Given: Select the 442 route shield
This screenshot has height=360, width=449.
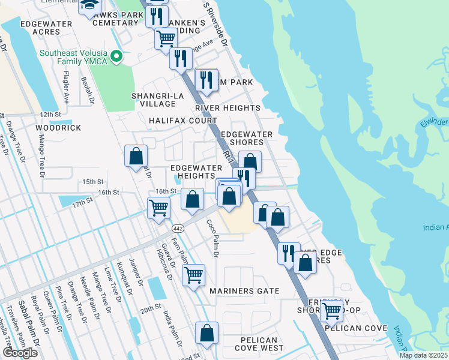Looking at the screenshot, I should coord(178,229).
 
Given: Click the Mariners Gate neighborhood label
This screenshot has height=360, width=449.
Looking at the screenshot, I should coord(244,291).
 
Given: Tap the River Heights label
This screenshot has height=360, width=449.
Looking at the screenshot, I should coord(228,109).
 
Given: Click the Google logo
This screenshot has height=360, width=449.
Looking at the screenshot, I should coord(20,353).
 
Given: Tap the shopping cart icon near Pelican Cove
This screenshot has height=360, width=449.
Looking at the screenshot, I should coord(331,310).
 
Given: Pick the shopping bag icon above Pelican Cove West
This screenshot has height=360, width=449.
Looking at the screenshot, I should coord(206,333).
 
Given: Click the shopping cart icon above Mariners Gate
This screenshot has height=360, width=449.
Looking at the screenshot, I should coord(193,275).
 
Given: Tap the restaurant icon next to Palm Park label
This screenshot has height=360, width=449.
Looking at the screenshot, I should coord(206,79).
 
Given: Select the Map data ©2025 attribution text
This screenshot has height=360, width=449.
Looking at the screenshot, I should coord(424,355).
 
